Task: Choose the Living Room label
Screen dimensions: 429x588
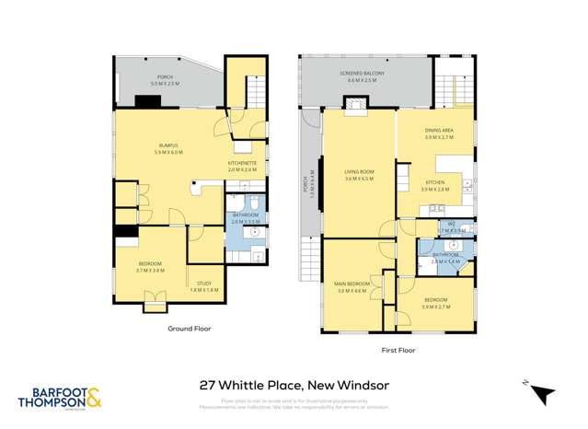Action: click(x=358, y=173)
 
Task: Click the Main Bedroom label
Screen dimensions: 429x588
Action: click(x=352, y=284)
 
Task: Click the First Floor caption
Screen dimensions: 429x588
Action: click(x=398, y=350)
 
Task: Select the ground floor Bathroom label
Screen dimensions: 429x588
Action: click(x=246, y=218)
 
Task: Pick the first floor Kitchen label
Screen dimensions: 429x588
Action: click(x=433, y=184)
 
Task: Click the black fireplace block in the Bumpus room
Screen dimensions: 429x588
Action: click(x=148, y=102)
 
